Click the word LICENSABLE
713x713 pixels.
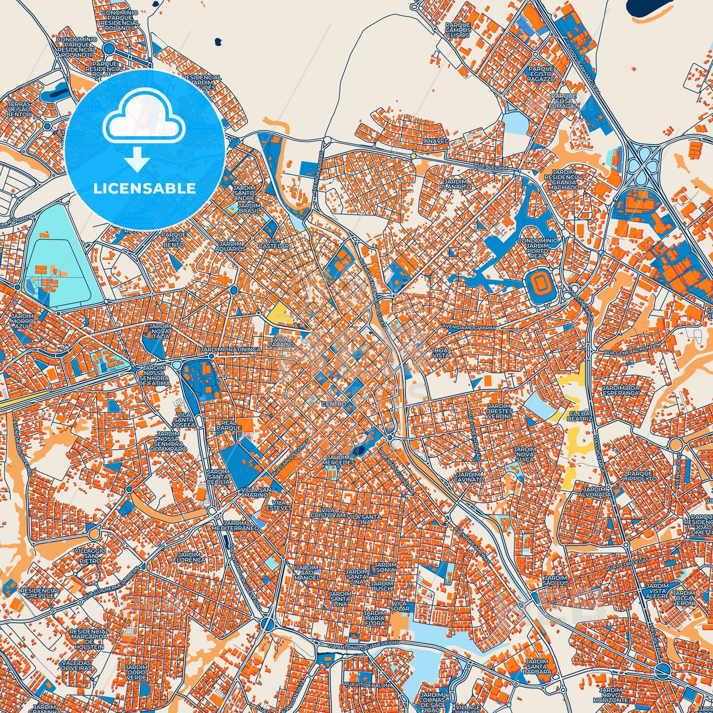[x=145, y=189]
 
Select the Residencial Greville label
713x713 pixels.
[x=40, y=594]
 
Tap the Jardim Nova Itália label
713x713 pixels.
[x=159, y=332]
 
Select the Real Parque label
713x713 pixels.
[x=232, y=425]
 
